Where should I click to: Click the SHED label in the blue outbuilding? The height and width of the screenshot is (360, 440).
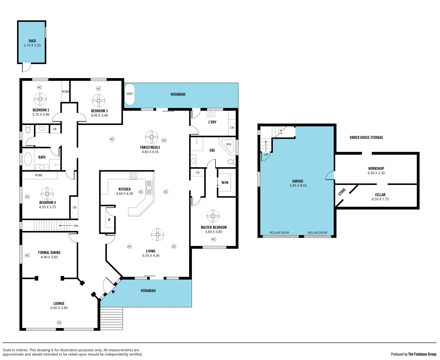(32, 41)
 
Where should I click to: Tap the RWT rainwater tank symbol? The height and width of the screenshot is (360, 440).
(130, 94)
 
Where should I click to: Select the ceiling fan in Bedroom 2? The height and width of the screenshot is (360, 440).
(40, 99)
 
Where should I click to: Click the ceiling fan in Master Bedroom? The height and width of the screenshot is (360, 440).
(213, 216)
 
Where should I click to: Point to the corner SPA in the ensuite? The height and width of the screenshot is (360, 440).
(229, 146)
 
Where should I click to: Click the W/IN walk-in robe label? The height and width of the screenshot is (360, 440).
(225, 183)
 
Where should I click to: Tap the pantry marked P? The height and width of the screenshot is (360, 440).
(109, 220)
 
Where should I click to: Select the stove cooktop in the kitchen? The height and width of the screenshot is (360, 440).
(134, 175)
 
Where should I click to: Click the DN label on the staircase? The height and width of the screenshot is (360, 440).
(76, 226)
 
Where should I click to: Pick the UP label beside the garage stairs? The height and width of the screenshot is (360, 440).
(266, 155)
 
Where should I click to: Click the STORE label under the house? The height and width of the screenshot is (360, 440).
(342, 192)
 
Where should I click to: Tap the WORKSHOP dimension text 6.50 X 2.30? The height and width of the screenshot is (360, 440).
(376, 173)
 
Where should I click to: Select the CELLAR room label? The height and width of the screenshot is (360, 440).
(380, 195)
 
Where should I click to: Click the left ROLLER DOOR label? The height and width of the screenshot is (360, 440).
(279, 233)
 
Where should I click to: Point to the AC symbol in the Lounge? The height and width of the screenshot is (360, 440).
(59, 322)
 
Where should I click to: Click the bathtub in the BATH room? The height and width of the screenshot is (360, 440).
(28, 159)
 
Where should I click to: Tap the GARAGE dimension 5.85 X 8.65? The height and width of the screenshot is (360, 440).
(298, 186)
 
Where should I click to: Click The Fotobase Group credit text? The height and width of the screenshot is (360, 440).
(422, 354)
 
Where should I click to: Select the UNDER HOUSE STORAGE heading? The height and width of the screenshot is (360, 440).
(366, 137)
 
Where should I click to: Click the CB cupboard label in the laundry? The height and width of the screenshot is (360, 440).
(232, 128)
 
